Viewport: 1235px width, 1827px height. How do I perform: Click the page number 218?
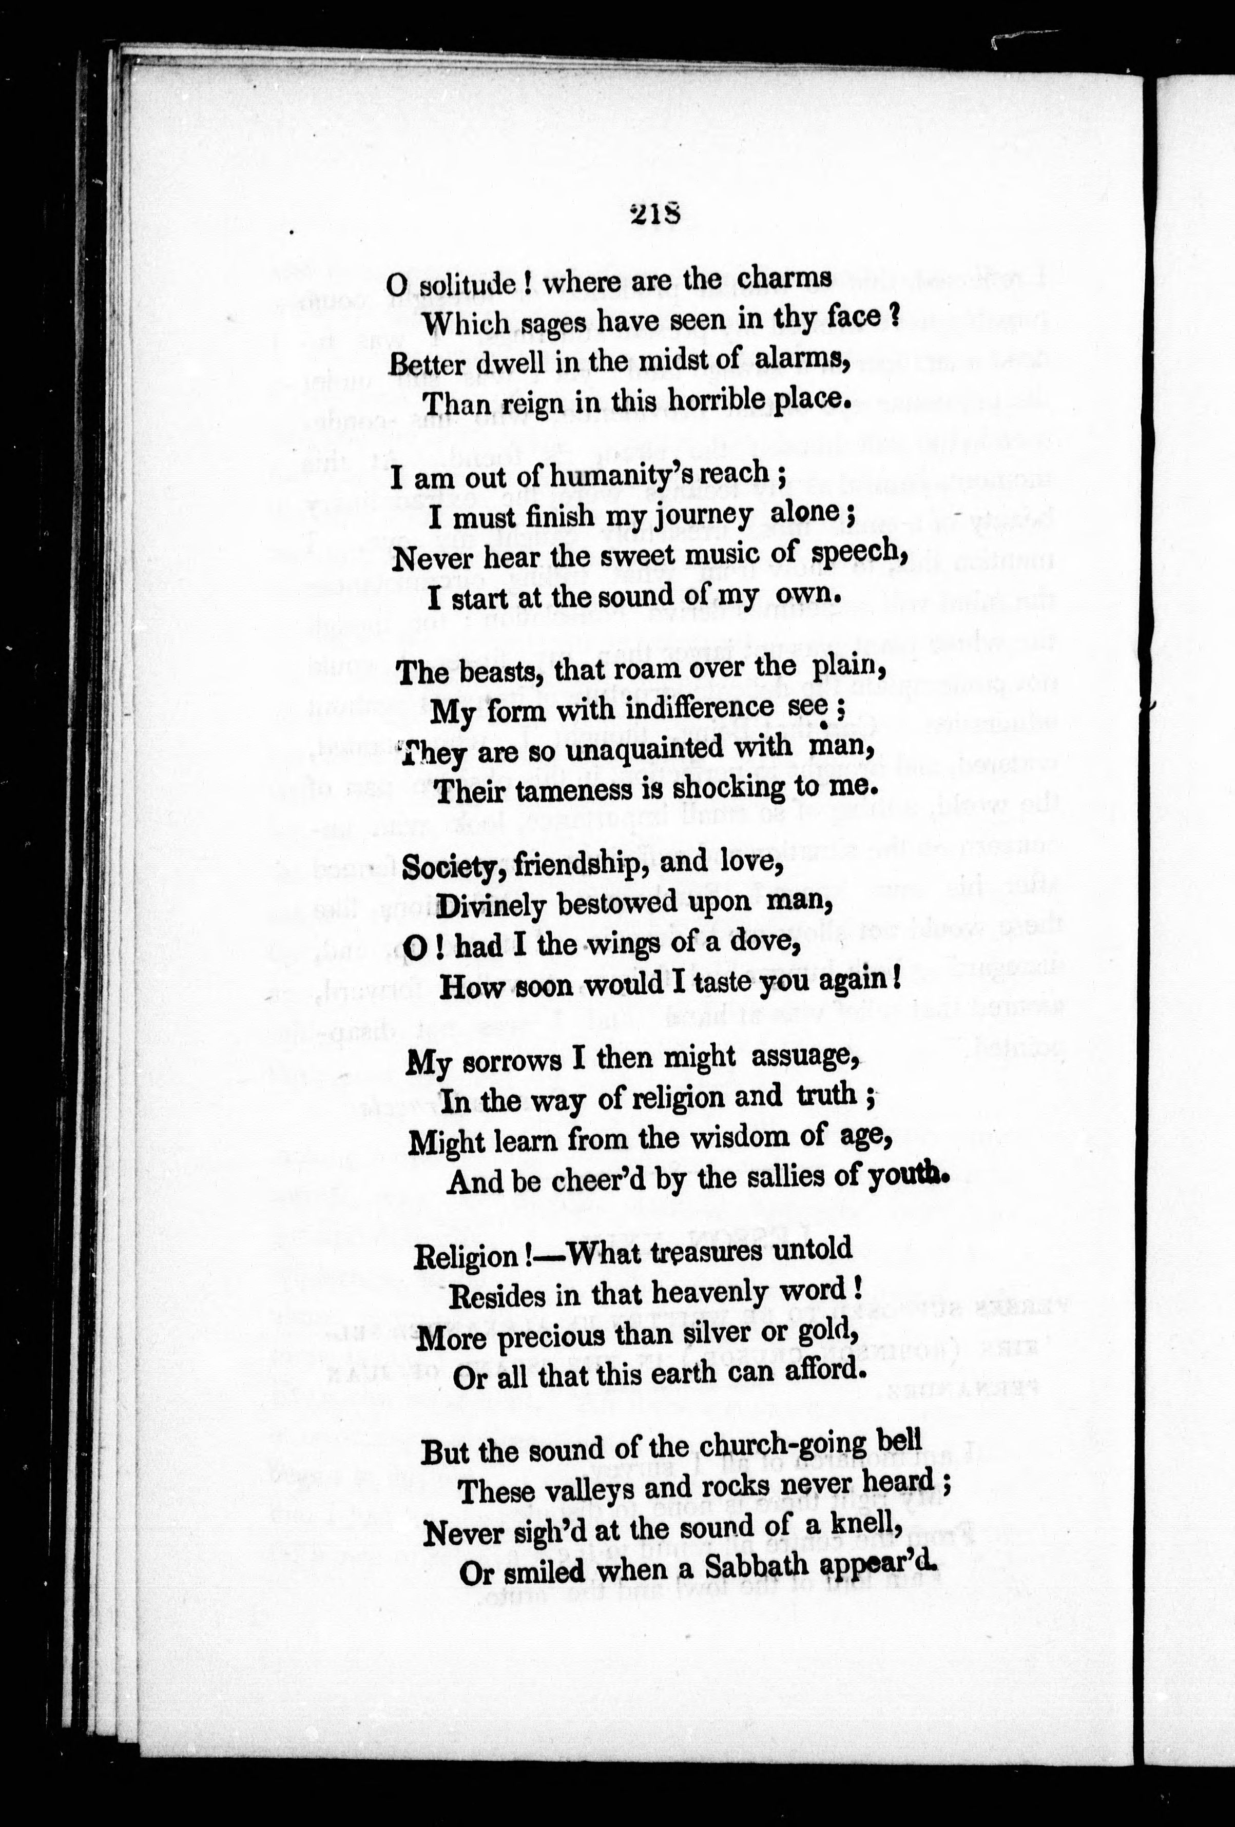[x=654, y=215]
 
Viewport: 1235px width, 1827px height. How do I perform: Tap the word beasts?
[x=495, y=672]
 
